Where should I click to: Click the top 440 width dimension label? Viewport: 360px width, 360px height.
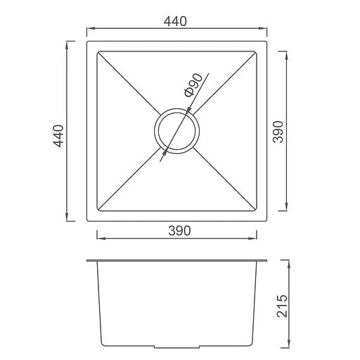click(177, 22)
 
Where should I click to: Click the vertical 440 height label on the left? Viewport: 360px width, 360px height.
click(59, 136)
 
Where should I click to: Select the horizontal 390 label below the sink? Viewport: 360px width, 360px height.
click(179, 230)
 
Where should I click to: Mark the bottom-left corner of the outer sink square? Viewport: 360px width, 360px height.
click(86, 221)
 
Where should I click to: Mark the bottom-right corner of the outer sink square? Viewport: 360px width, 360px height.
click(268, 221)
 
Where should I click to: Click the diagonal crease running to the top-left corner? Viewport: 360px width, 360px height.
click(127, 82)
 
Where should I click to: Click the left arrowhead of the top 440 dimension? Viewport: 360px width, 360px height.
click(89, 30)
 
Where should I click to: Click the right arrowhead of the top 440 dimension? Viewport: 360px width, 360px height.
click(266, 30)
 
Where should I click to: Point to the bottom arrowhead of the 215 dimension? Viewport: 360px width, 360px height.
click(290, 347)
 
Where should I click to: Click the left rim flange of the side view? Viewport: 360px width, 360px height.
click(89, 261)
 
